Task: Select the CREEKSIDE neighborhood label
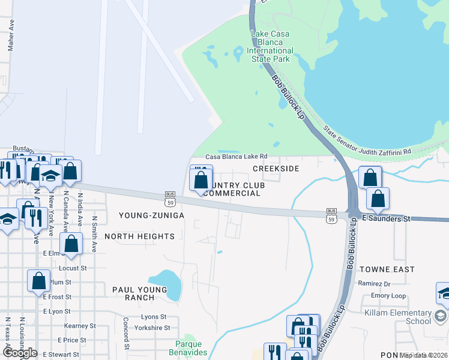click(276, 169)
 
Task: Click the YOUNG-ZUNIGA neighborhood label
click(151, 215)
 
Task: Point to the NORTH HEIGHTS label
click(139, 236)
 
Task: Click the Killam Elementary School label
click(398, 317)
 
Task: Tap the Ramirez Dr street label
click(375, 284)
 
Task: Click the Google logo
click(20, 353)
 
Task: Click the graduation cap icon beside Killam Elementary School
click(440, 316)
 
